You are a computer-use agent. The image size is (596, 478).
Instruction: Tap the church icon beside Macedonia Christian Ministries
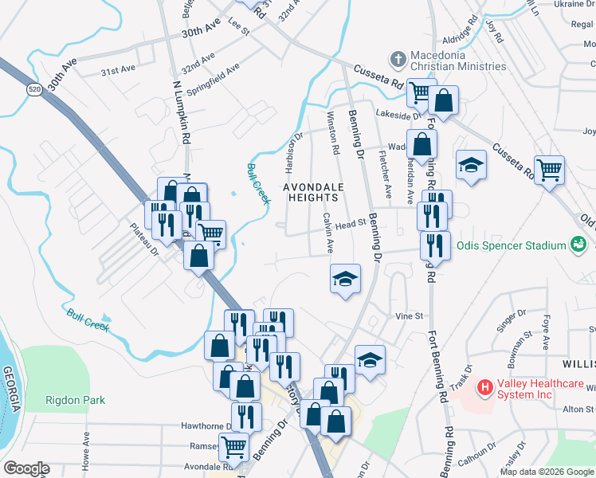tap(397, 60)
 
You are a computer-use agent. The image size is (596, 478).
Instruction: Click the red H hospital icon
tap(483, 388)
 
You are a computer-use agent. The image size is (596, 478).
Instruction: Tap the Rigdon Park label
tap(76, 400)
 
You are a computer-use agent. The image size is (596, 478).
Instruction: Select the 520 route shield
tap(33, 90)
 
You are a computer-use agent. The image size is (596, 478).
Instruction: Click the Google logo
tap(26, 468)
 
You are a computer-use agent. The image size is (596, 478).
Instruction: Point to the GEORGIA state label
tap(11, 390)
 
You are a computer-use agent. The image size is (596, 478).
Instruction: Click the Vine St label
tap(409, 316)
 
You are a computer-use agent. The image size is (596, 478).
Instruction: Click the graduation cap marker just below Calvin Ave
tap(345, 280)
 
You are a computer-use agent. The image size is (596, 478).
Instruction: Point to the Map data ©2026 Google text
tap(547, 472)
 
